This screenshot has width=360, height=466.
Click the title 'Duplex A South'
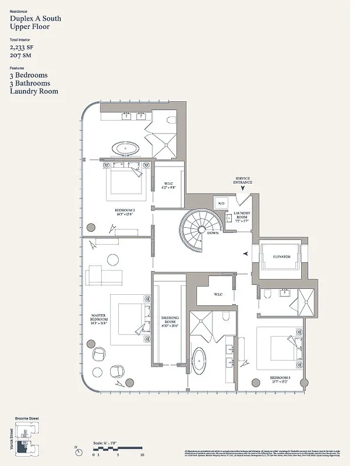[36, 19]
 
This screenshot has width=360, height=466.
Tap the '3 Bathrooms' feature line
[30, 83]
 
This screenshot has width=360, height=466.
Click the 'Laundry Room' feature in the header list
[34, 91]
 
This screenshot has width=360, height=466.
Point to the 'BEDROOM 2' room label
[125, 211]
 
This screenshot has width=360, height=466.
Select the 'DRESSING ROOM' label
[170, 321]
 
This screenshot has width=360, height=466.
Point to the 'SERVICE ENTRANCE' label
[242, 181]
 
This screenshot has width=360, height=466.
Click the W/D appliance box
[221, 203]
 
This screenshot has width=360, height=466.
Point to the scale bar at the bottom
[117, 449]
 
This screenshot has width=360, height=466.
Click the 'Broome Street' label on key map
[26, 419]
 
